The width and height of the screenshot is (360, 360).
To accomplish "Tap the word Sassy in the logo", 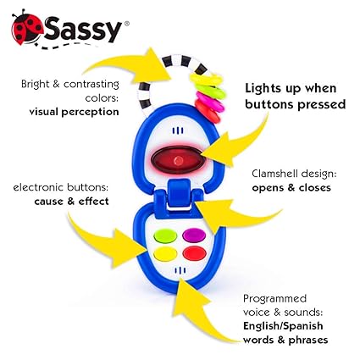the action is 82,29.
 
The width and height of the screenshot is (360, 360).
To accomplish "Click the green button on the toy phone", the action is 165,236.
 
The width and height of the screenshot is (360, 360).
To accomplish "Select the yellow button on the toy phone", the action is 165,254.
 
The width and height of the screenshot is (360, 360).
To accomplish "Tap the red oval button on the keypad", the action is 194,253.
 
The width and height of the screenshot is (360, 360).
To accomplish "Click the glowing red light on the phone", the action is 178,160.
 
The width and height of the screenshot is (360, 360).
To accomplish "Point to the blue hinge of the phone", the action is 179,195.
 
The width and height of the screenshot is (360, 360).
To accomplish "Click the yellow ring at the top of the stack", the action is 207,79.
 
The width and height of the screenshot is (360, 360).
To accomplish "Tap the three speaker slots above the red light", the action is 178,130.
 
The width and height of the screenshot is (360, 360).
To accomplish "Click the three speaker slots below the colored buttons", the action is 180,271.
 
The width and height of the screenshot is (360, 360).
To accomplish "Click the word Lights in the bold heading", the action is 263,88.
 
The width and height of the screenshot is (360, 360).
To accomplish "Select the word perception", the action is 90,112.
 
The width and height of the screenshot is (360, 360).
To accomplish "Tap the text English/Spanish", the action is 283,326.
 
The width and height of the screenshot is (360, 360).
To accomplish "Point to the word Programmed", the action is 274,299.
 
